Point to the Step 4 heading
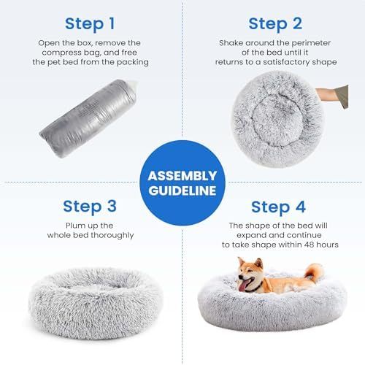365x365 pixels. coord(276,207)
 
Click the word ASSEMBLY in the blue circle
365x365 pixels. coord(182,176)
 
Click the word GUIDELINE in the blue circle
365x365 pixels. coord(182,191)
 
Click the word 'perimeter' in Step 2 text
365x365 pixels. coord(296,42)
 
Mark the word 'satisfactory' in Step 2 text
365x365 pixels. coord(285,62)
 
